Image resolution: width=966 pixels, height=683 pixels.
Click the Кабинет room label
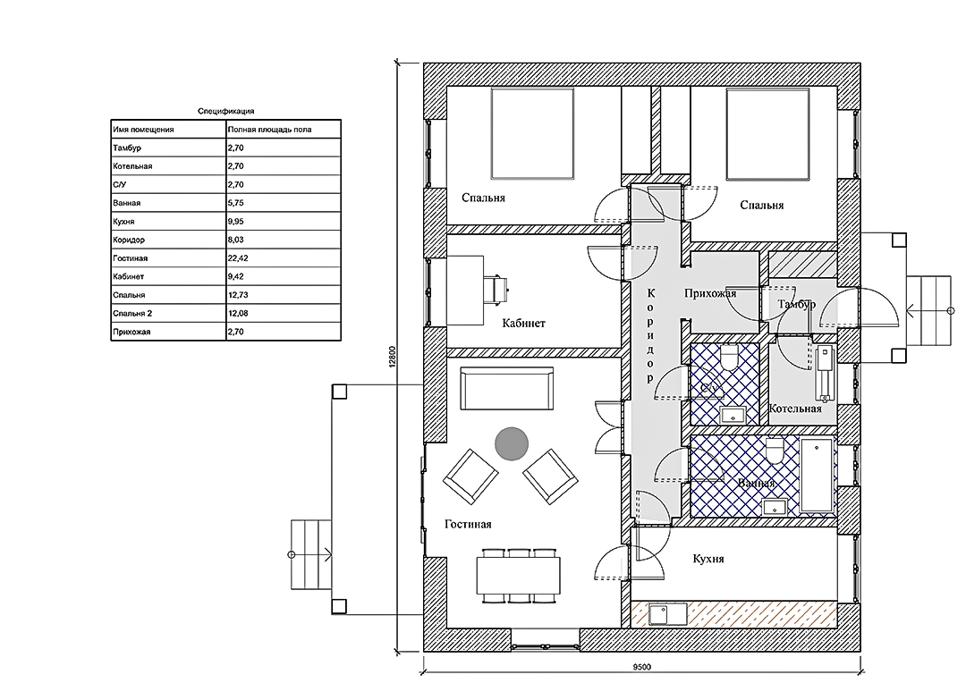(x=523, y=324)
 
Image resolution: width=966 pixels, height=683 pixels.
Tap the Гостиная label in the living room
(x=468, y=524)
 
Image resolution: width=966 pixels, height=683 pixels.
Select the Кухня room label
(x=708, y=559)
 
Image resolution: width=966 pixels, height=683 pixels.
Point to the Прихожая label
(x=710, y=293)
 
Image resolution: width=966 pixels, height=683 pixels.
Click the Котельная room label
(x=795, y=409)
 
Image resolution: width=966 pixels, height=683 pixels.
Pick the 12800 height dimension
(x=393, y=357)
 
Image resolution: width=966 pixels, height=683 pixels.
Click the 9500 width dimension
(x=642, y=666)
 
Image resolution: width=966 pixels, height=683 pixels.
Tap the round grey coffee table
(x=512, y=443)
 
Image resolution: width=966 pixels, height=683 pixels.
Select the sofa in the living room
(x=507, y=388)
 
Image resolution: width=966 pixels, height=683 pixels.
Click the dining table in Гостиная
(x=518, y=575)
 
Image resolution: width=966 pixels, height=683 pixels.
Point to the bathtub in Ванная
(x=817, y=475)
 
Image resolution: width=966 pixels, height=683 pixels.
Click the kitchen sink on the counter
(x=668, y=614)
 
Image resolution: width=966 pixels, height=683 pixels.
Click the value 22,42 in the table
(x=238, y=258)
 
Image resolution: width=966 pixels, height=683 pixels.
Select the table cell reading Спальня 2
(x=132, y=314)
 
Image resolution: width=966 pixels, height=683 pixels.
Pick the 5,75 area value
(x=236, y=203)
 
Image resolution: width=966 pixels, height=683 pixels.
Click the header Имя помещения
(x=143, y=130)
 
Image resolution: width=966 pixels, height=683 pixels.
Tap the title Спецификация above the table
(x=225, y=112)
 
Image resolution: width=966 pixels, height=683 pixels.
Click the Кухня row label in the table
(x=123, y=221)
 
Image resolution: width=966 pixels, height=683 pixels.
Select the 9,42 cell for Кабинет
(x=236, y=276)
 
